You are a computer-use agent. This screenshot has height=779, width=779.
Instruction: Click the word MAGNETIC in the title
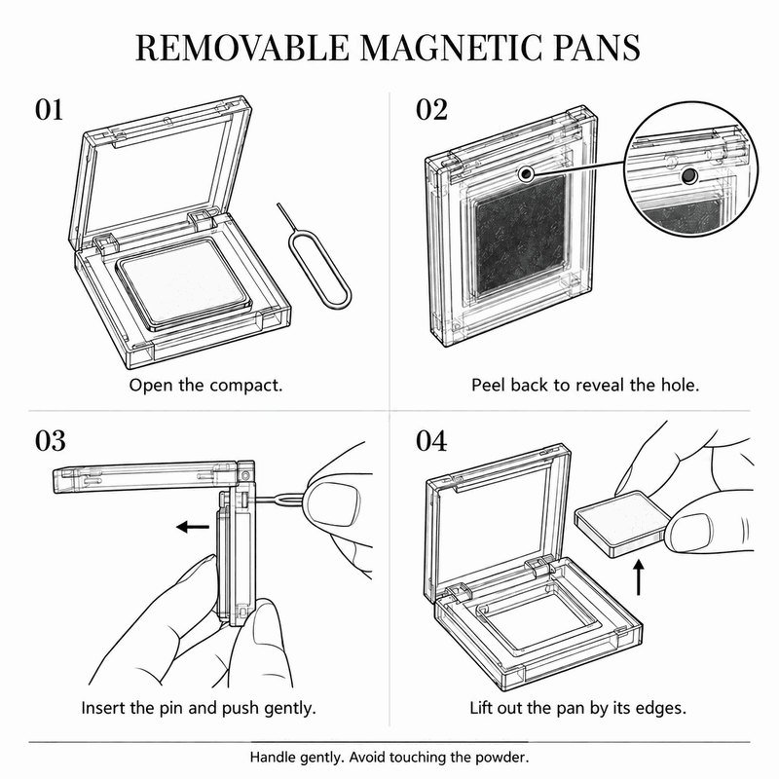coord(451,48)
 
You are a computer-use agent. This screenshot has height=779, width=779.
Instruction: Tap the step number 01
coord(50,110)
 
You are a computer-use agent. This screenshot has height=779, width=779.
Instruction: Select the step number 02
coord(431,110)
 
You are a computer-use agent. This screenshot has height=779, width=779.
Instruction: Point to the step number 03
coord(51,441)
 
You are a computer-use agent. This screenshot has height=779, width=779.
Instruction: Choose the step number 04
coord(431,441)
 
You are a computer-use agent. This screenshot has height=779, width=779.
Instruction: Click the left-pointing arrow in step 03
coord(193,527)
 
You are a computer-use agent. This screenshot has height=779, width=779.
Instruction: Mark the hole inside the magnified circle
coord(688,175)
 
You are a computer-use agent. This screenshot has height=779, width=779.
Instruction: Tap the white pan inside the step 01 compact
coord(183,283)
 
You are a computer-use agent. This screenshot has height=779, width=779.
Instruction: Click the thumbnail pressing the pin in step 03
coord(332,503)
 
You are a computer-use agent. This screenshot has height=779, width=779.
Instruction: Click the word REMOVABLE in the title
coord(242,48)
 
